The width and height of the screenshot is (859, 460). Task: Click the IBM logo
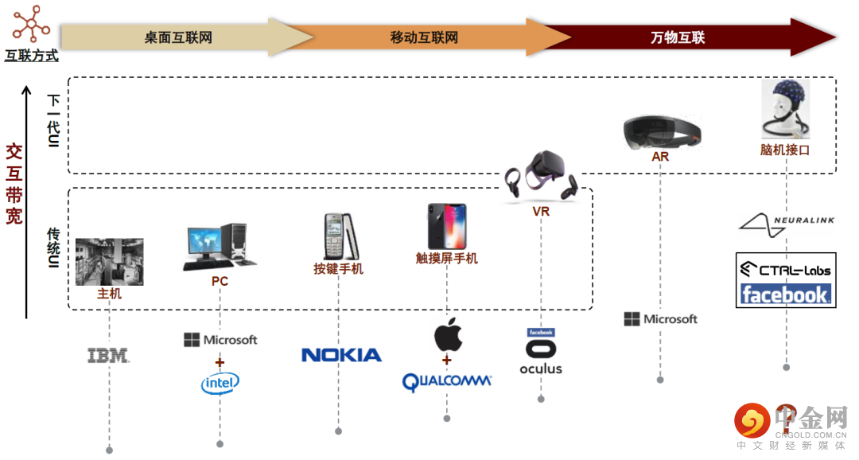pyautogui.click(x=108, y=355)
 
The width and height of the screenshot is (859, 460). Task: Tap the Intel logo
pyautogui.click(x=220, y=383)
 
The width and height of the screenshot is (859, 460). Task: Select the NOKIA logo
pyautogui.click(x=341, y=355)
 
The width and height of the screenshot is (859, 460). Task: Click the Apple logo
pyautogui.click(x=448, y=334)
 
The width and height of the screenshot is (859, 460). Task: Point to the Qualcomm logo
pyautogui.click(x=446, y=381)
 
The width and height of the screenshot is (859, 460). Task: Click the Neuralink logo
pyautogui.click(x=787, y=224)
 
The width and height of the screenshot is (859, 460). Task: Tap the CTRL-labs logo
pyautogui.click(x=786, y=269)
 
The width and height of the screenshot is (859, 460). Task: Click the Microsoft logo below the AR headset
pyautogui.click(x=661, y=319)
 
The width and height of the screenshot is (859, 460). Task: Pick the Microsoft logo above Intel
pyautogui.click(x=220, y=340)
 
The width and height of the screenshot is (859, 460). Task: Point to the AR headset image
pyautogui.click(x=662, y=132)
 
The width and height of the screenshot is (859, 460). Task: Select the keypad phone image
pyautogui.click(x=340, y=237)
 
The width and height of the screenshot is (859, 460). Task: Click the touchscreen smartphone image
pyautogui.click(x=447, y=227)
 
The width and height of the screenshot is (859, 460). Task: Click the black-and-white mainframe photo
pyautogui.click(x=110, y=262)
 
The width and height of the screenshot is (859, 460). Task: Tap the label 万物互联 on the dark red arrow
pyautogui.click(x=678, y=37)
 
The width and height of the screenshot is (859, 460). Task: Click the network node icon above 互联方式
pyautogui.click(x=31, y=24)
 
